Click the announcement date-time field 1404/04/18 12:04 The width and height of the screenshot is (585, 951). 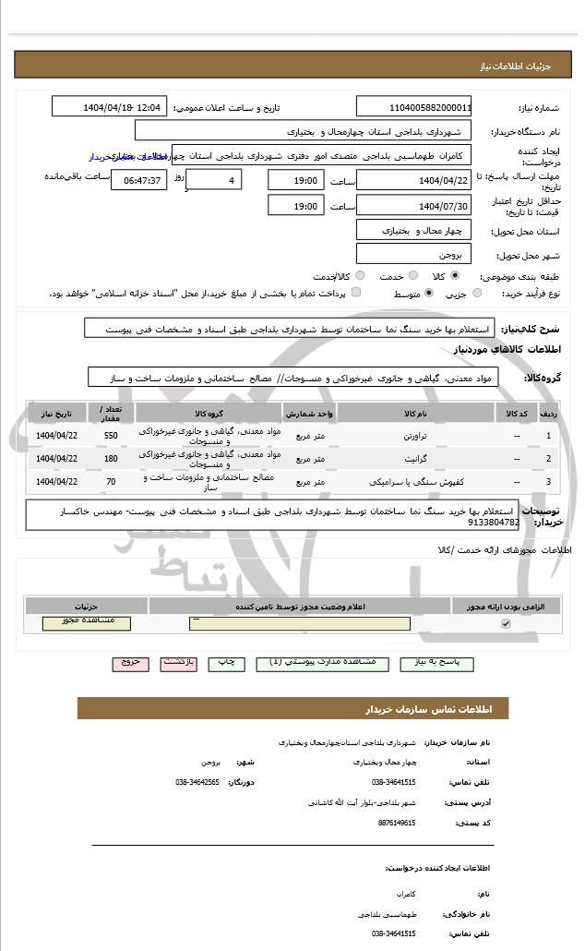pyautogui.click(x=109, y=106)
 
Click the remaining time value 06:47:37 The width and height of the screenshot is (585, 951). pyautogui.click(x=139, y=179)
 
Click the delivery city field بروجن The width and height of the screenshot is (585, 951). pyautogui.click(x=413, y=253)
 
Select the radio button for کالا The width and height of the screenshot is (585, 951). pyautogui.click(x=455, y=275)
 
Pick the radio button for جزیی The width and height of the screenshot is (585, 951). pyautogui.click(x=476, y=294)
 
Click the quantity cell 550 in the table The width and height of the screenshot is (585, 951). pyautogui.click(x=111, y=435)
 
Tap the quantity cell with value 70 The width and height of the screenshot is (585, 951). pyautogui.click(x=111, y=481)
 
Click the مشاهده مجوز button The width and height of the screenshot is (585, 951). pyautogui.click(x=87, y=623)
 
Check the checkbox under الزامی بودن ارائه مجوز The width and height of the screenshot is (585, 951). pyautogui.click(x=505, y=624)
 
